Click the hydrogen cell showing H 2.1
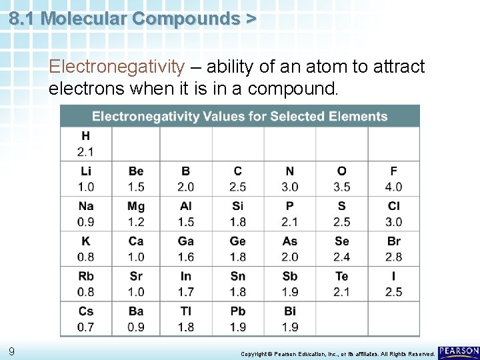coord(86,143)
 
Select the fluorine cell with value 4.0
coord(393,179)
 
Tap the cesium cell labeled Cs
coord(86,319)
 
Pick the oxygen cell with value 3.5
coord(341,179)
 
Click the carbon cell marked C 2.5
coord(237,179)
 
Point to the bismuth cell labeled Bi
coord(289,319)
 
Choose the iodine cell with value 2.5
coord(393,283)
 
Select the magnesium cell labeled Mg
coord(136,213)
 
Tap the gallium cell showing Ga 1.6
coord(186,249)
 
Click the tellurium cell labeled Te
coord(341,283)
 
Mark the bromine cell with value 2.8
coord(393,249)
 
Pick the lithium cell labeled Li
coord(86,179)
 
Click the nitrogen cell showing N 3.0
coord(289,179)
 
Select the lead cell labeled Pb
coord(237,319)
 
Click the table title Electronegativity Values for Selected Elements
coord(239,117)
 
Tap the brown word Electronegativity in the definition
coord(117,67)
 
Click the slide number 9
coord(12,351)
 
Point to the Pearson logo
coord(459,351)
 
